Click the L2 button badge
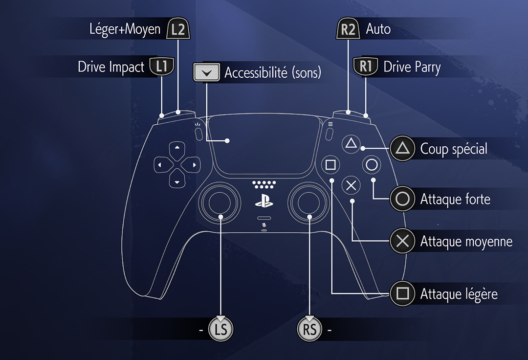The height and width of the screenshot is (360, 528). (x=178, y=29)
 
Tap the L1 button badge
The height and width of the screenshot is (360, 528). (x=162, y=67)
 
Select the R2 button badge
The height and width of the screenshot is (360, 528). (x=348, y=29)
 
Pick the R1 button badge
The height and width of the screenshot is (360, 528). (x=366, y=67)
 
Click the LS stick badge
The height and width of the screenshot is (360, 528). (x=221, y=330)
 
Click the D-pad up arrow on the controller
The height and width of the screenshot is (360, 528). (x=177, y=147)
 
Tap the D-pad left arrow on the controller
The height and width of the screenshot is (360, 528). (x=159, y=165)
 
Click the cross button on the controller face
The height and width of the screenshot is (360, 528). (x=351, y=185)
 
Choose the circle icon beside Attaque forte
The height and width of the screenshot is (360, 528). (x=402, y=199)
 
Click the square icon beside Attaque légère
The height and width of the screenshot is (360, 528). (x=402, y=293)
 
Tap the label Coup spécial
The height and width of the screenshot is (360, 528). (x=454, y=149)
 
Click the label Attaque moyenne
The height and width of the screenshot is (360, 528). (x=466, y=241)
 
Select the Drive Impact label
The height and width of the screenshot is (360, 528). (x=111, y=67)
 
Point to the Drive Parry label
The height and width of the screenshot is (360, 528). (x=412, y=67)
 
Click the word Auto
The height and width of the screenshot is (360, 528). (x=378, y=29)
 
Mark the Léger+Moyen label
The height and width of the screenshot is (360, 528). (x=125, y=29)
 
